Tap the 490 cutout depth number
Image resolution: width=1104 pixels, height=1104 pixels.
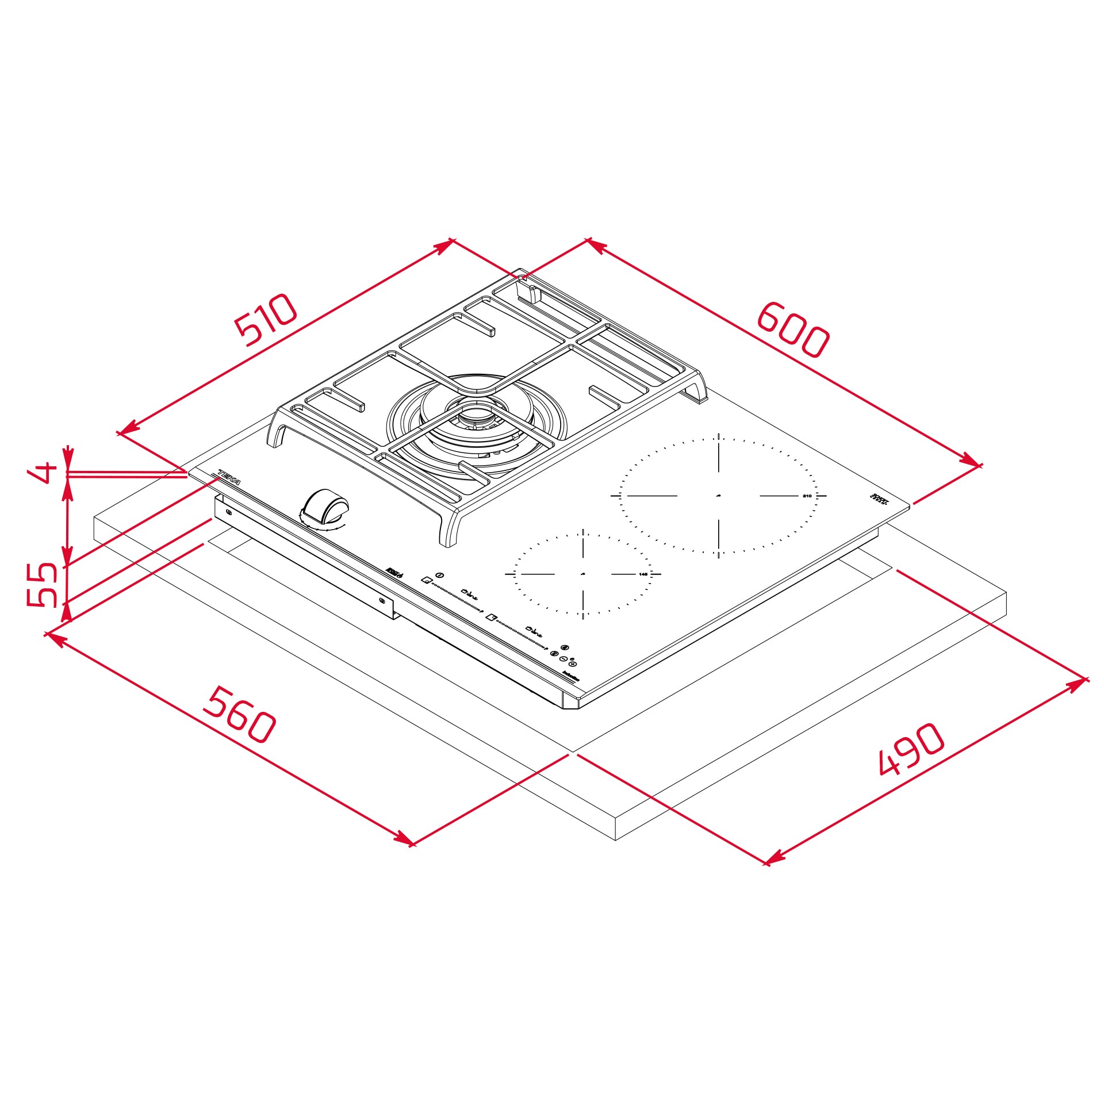(912, 749)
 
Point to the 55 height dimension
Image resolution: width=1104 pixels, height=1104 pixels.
(43, 584)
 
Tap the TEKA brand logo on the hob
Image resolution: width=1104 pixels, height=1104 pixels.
(228, 478)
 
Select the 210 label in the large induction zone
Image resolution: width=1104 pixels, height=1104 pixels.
(807, 496)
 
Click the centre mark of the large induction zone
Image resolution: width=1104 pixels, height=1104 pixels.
(719, 495)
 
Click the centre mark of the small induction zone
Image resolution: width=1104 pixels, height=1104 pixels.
(583, 574)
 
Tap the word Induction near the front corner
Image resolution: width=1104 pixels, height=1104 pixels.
(571, 677)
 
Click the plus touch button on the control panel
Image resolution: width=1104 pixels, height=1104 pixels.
(573, 664)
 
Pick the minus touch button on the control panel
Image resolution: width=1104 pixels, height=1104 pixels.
(563, 659)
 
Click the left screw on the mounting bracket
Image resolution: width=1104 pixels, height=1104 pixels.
(229, 512)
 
